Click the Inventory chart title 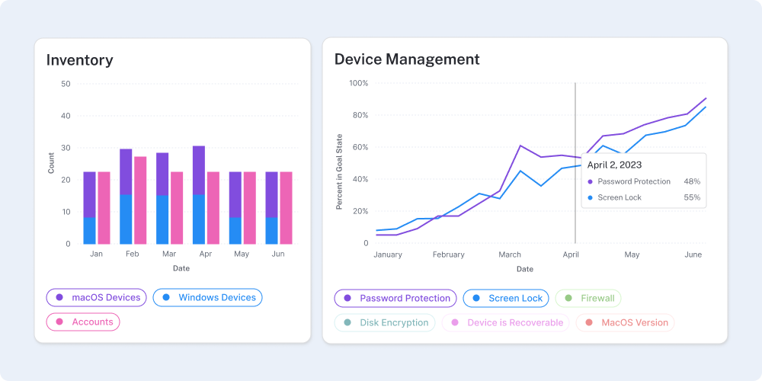click(79, 59)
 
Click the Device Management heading click(407, 59)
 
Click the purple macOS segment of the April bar click(198, 170)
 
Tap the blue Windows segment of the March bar click(162, 219)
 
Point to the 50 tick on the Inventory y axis click(66, 84)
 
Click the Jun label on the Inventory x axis click(278, 254)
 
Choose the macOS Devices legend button click(97, 297)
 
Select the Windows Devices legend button click(208, 297)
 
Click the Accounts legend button click(83, 322)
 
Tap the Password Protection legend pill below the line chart click(395, 298)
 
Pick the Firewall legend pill click(588, 298)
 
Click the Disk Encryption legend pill click(385, 322)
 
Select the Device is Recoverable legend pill click(506, 322)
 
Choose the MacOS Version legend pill click(626, 322)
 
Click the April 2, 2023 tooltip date click(614, 165)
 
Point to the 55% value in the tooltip click(692, 197)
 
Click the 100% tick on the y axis click(359, 83)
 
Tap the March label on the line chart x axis click(510, 255)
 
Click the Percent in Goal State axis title click(340, 171)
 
